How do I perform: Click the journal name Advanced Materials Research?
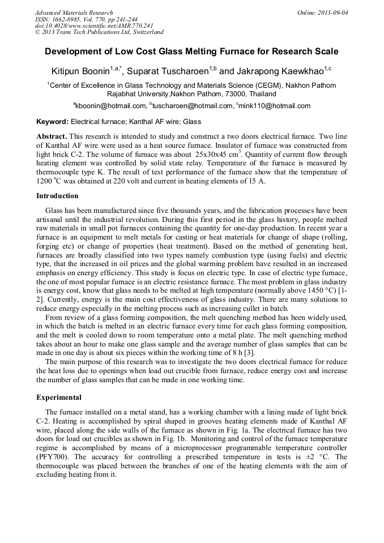(x=74, y=12)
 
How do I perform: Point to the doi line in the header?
(x=94, y=25)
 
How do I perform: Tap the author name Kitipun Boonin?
(x=84, y=72)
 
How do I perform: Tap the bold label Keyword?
(x=53, y=122)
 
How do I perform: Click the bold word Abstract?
(x=52, y=138)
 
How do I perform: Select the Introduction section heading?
(x=57, y=196)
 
